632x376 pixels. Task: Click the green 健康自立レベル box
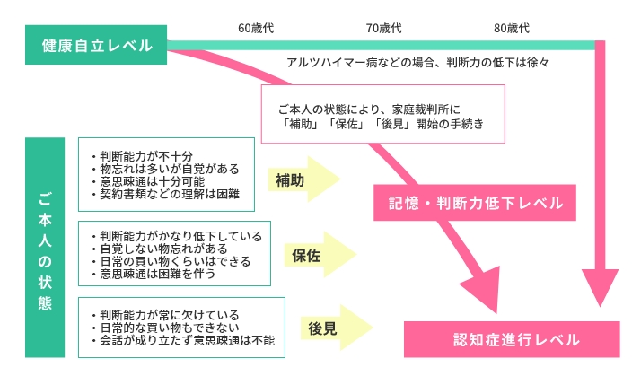[x=96, y=46]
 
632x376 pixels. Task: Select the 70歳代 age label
[x=383, y=29]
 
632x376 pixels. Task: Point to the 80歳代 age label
[x=512, y=29]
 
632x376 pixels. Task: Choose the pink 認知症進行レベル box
[x=504, y=339]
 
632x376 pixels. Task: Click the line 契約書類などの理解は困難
[x=164, y=192]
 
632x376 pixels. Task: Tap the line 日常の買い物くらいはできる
[x=171, y=261]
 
